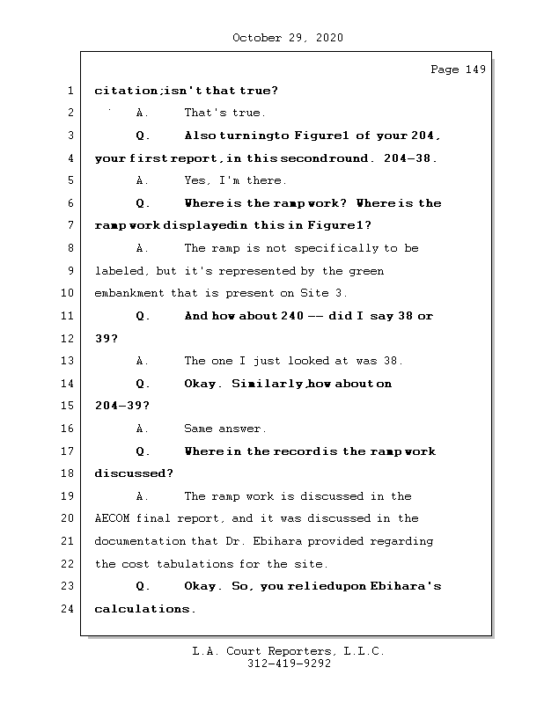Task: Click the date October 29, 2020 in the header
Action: pos(288,38)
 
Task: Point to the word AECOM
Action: pos(112,518)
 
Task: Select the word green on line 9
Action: pos(366,270)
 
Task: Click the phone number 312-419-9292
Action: pos(289,664)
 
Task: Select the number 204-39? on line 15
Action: pos(121,406)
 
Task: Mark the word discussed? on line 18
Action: pos(134,473)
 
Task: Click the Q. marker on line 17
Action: pos(143,451)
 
